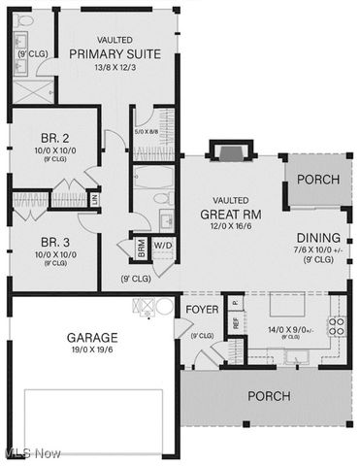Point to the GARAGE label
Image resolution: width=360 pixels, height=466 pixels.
tap(92, 338)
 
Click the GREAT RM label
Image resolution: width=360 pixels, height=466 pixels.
tap(231, 214)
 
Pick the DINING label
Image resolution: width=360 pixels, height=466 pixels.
tap(318, 237)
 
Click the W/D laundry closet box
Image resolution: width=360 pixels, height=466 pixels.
tap(161, 245)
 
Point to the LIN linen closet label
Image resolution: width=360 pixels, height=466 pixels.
tap(94, 199)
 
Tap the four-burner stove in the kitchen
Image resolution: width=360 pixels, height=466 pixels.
tap(337, 325)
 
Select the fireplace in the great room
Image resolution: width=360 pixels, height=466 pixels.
tap(229, 151)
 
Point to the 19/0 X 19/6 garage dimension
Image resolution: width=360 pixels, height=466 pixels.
tap(92, 350)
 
